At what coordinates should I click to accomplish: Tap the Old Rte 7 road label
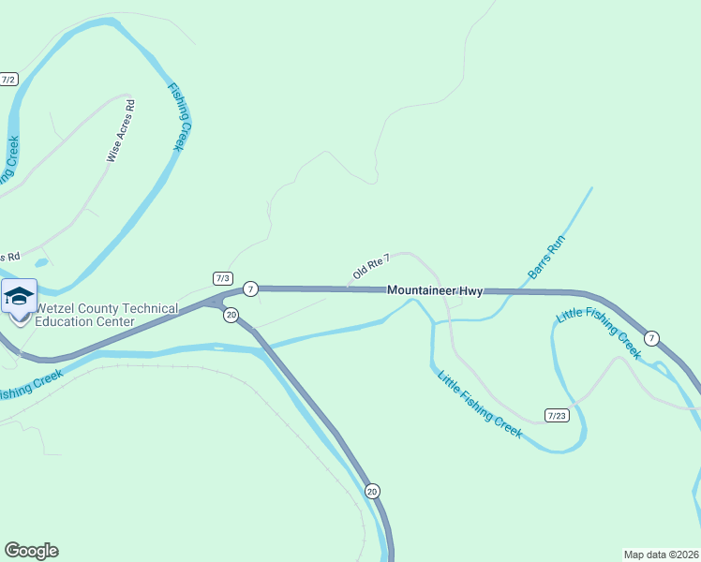click(x=371, y=267)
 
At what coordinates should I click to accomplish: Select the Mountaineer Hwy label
click(x=435, y=291)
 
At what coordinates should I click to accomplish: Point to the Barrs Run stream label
click(x=547, y=258)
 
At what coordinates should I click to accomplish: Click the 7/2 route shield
click(x=8, y=80)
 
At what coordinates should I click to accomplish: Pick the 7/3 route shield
click(x=223, y=278)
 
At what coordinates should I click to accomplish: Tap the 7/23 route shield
click(x=557, y=415)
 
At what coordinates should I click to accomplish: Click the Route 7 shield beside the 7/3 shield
click(x=250, y=288)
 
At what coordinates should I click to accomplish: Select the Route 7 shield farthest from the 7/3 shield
click(x=652, y=337)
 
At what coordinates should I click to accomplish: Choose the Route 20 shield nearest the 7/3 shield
click(x=231, y=315)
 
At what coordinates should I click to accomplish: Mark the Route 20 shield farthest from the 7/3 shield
click(x=372, y=491)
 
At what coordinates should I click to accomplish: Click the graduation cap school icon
click(x=19, y=297)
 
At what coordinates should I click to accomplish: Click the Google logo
click(x=31, y=551)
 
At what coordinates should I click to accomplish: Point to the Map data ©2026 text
click(x=660, y=554)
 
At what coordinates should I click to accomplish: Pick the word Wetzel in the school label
click(x=58, y=309)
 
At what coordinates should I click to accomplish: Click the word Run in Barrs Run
click(x=557, y=246)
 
